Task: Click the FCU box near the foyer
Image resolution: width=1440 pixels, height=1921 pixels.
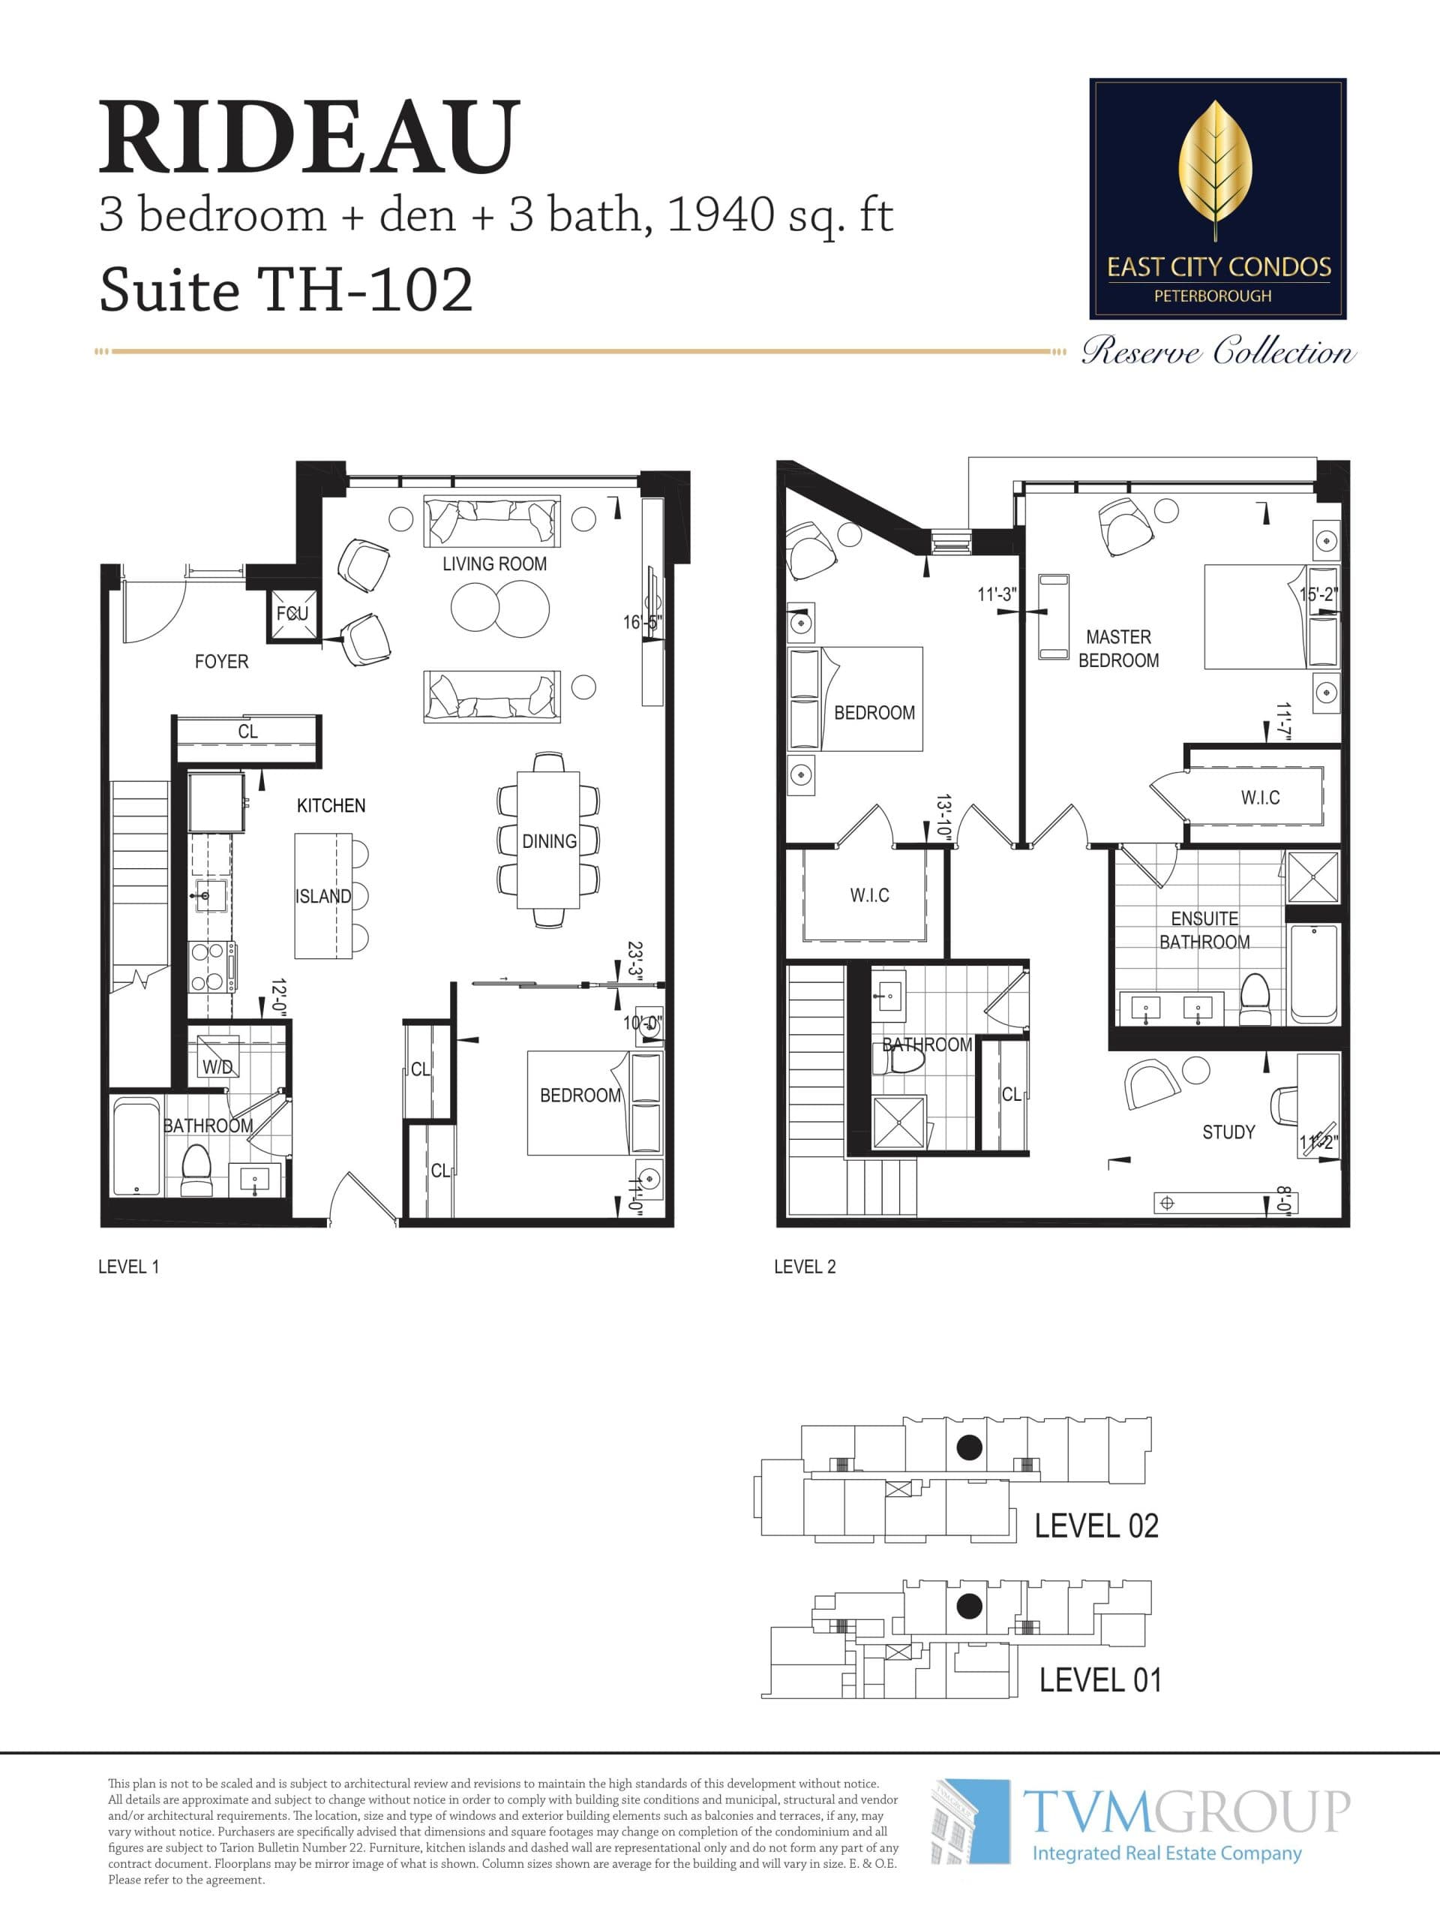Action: click(x=292, y=614)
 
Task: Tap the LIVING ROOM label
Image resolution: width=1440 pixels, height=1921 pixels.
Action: click(x=494, y=564)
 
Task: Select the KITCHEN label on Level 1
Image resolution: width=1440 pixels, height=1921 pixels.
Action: click(x=331, y=806)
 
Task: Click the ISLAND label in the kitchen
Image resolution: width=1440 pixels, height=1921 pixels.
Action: click(x=323, y=896)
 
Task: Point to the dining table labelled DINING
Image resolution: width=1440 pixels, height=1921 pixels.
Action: click(x=548, y=840)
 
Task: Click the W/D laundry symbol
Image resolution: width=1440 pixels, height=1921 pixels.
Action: click(x=217, y=1065)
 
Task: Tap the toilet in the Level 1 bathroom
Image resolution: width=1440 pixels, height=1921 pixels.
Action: click(x=196, y=1171)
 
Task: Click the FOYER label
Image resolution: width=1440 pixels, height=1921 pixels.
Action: click(x=221, y=662)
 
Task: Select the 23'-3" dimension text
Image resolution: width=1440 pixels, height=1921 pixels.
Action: click(x=634, y=962)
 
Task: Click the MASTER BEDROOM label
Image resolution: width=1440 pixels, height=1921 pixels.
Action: click(x=1118, y=649)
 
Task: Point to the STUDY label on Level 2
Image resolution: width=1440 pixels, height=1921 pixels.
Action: click(x=1227, y=1132)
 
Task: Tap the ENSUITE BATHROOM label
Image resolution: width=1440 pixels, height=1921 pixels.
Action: click(x=1204, y=930)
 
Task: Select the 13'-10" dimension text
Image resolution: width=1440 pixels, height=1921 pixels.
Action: click(x=944, y=816)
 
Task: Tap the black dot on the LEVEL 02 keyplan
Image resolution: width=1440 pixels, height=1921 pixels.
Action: click(x=969, y=1447)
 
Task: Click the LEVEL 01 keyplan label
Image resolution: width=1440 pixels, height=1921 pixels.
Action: click(x=1099, y=1680)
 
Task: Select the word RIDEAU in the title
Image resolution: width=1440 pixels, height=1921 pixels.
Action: click(x=309, y=137)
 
